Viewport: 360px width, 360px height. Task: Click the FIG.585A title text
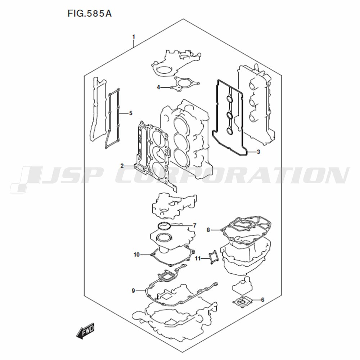point(90,14)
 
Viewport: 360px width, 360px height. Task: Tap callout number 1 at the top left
point(134,37)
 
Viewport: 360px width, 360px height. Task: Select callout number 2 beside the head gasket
point(122,166)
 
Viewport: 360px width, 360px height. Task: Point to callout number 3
point(258,152)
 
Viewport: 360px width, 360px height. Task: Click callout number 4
point(158,87)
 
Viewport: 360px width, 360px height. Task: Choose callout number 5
point(131,113)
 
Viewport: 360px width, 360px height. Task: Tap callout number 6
point(263,300)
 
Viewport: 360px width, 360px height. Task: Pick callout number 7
point(194,225)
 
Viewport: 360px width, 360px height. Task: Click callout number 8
point(208,230)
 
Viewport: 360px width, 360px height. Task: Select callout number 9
point(134,291)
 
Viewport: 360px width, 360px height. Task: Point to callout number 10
point(136,255)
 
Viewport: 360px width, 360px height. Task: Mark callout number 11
point(198,259)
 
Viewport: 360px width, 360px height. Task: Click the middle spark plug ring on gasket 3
point(230,115)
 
